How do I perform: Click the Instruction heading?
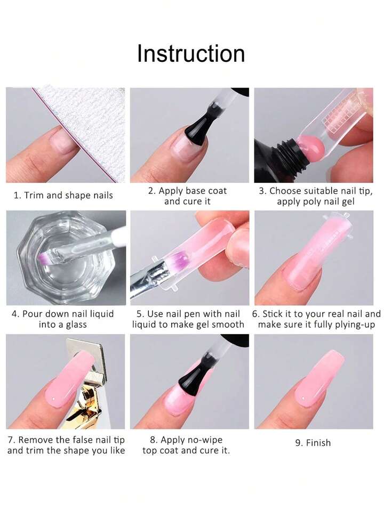(x=191, y=53)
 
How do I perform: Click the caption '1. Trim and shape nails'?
(x=63, y=196)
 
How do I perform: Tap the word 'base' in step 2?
(x=194, y=191)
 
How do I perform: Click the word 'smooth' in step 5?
(x=228, y=325)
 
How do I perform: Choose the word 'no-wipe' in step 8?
(x=205, y=440)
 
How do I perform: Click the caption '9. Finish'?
(x=313, y=443)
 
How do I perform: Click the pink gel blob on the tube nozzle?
(x=310, y=146)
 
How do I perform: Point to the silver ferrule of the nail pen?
(x=154, y=274)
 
